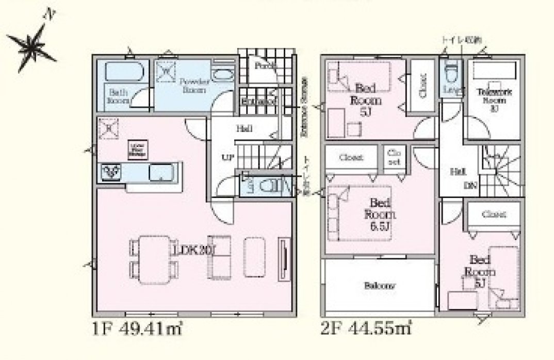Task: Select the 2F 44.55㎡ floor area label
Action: (367, 328)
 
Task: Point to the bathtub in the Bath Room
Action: (123, 71)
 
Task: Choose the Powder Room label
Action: (193, 86)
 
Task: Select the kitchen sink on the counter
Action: (161, 172)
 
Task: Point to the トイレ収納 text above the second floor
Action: (463, 40)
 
